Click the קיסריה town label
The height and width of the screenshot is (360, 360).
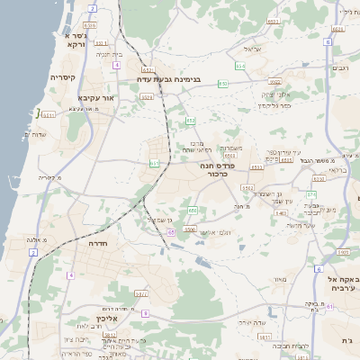[62, 77]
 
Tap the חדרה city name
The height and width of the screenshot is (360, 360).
[99, 243]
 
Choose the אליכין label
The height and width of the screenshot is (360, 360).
[133, 317]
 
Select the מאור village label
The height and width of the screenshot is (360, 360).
[280, 280]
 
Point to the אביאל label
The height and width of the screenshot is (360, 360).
[252, 49]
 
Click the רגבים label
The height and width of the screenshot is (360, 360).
[341, 67]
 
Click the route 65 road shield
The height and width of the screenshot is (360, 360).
[171, 231]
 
